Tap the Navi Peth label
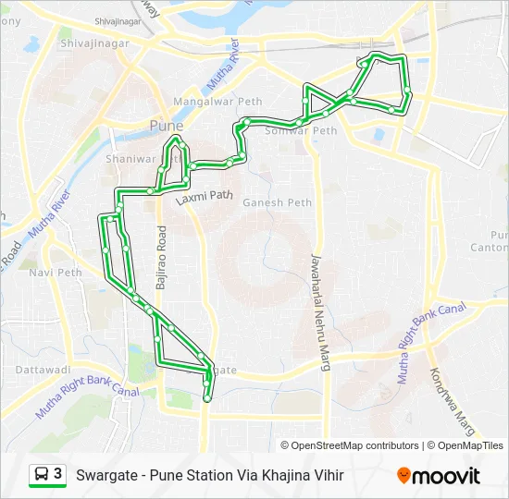pos(56,273)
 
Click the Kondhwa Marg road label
pos(453,402)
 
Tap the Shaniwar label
pos(134,157)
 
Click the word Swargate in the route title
pos(107,476)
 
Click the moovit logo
pos(439,476)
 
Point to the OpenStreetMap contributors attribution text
pos(354,445)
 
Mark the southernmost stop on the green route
pos(207,399)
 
